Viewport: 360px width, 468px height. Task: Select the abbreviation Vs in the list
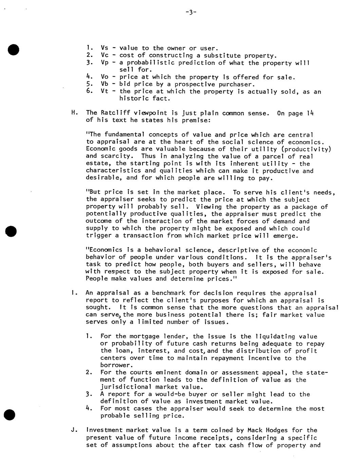(105, 48)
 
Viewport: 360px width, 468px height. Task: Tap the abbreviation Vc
(105, 55)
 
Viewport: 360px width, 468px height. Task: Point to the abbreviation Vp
(105, 63)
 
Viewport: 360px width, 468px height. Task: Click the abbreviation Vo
(105, 77)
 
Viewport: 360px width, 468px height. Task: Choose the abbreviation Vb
(105, 84)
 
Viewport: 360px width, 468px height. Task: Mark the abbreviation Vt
(105, 92)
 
